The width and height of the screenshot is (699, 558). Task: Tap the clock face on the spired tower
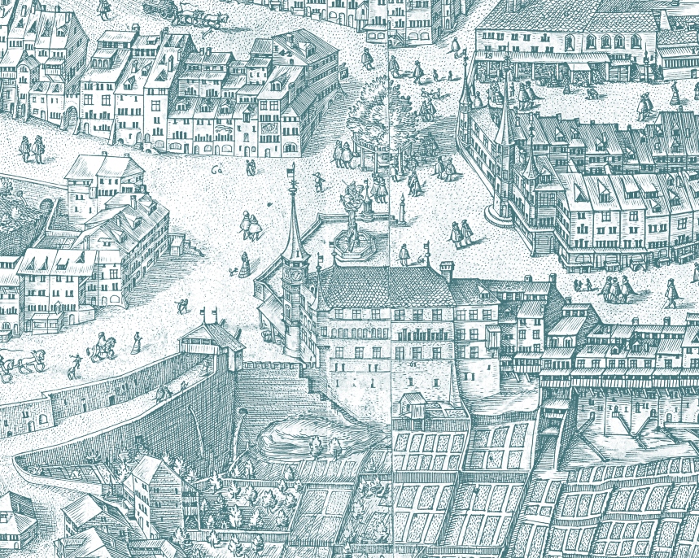click(297, 276)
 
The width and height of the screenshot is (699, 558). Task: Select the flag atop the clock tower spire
click(292, 169)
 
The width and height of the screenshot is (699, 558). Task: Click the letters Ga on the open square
click(216, 170)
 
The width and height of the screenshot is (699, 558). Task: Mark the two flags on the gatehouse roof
click(209, 314)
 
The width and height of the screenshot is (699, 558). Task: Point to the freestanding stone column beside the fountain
click(401, 211)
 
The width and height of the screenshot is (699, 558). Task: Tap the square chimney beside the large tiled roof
click(446, 269)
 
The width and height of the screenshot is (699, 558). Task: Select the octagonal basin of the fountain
click(352, 244)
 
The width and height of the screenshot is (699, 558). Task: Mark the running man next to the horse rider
click(76, 360)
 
